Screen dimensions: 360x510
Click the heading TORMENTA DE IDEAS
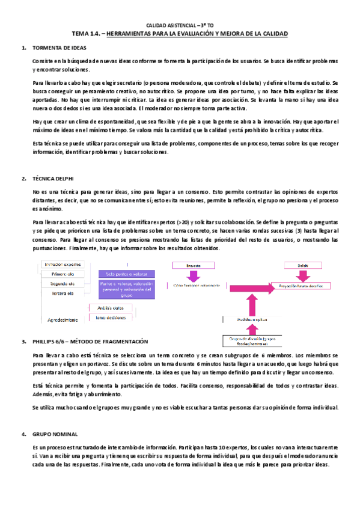(x=57, y=48)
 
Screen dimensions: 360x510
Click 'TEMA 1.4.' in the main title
(x=86, y=34)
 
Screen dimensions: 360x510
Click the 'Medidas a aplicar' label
(x=251, y=320)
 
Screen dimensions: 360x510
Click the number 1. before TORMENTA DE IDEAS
(x=23, y=48)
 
